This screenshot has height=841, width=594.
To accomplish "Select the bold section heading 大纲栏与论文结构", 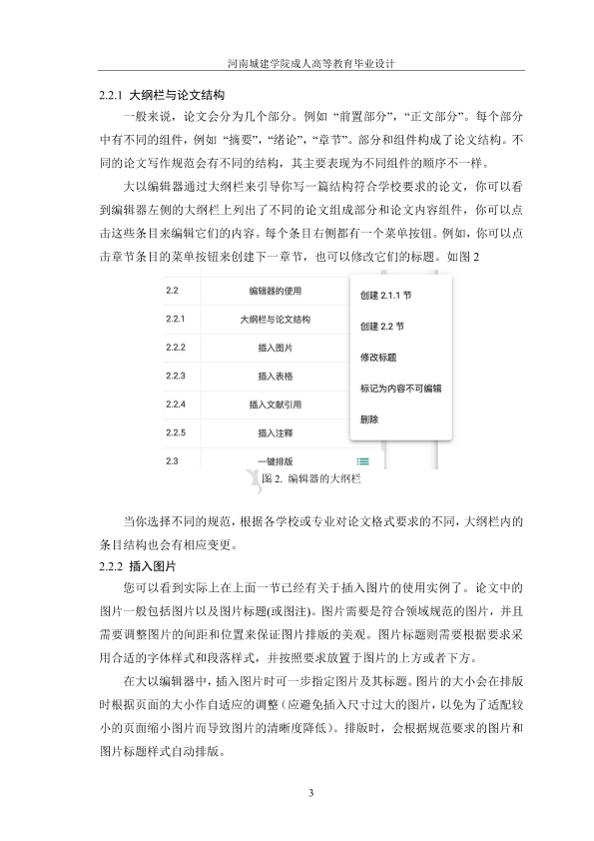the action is (177, 97).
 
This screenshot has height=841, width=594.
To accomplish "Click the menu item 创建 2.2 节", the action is (381, 327).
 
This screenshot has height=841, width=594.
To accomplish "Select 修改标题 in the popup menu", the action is (378, 357).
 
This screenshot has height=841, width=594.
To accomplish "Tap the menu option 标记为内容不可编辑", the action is (400, 388).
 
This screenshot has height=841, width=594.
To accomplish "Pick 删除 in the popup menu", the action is (368, 420).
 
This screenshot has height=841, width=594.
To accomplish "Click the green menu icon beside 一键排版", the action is (362, 460).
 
